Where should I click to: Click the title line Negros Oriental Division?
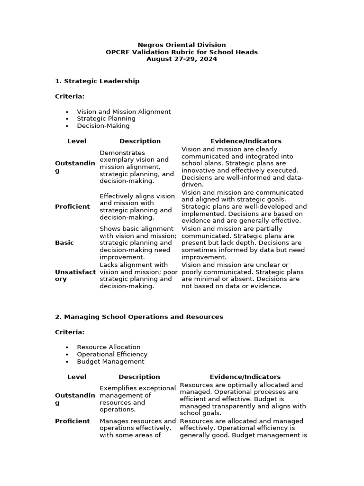tap(182, 45)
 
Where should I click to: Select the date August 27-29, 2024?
tap(182, 59)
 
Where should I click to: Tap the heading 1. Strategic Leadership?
tap(97, 81)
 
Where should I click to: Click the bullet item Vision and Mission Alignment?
tap(124, 112)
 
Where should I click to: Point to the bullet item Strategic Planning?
tap(106, 119)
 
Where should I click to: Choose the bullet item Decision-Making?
tap(103, 126)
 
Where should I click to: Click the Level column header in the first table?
tap(77, 141)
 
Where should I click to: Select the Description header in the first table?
tap(140, 141)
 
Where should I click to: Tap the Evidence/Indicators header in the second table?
tap(245, 377)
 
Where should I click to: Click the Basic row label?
tap(64, 243)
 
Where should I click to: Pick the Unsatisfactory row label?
tap(75, 276)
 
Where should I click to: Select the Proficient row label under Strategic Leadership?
tap(72, 206)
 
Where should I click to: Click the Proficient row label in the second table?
tap(72, 421)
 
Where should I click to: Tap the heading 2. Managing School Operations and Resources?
tap(139, 317)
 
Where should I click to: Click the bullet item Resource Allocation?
tap(109, 347)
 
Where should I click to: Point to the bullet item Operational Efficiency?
tap(112, 354)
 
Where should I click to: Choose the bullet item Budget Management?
tap(110, 361)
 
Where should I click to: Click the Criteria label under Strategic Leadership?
tap(70, 96)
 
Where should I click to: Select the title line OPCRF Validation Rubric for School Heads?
tap(182, 52)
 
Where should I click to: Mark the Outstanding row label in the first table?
tap(75, 167)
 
